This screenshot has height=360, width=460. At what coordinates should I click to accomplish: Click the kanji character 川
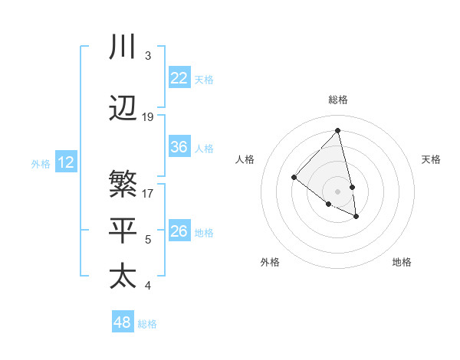(x=123, y=47)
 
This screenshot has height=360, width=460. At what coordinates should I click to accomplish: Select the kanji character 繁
(x=123, y=185)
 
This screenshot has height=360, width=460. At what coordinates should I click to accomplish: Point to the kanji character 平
(x=123, y=231)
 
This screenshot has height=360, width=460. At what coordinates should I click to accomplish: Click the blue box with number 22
(x=179, y=78)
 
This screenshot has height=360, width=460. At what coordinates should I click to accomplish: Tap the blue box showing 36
(x=179, y=147)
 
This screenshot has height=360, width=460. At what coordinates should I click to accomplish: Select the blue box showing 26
(x=179, y=231)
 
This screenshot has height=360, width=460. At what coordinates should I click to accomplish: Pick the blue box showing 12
(x=66, y=162)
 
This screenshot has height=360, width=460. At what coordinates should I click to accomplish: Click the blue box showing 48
(x=123, y=322)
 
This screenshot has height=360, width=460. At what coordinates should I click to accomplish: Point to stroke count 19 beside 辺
(x=148, y=117)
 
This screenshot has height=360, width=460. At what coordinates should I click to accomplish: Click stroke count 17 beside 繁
(x=148, y=194)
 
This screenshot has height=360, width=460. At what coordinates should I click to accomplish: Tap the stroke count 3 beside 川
(x=147, y=56)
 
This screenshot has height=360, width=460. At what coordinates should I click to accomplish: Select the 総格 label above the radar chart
(x=337, y=100)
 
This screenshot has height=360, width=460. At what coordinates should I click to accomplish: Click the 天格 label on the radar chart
(x=431, y=159)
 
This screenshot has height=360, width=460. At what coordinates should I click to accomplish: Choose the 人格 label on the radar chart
(x=245, y=159)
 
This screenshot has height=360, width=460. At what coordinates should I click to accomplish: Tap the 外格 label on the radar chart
(x=270, y=262)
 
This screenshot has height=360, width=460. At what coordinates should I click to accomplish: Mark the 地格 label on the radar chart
(x=402, y=262)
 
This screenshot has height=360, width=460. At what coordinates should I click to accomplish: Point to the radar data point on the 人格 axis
(x=294, y=178)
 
